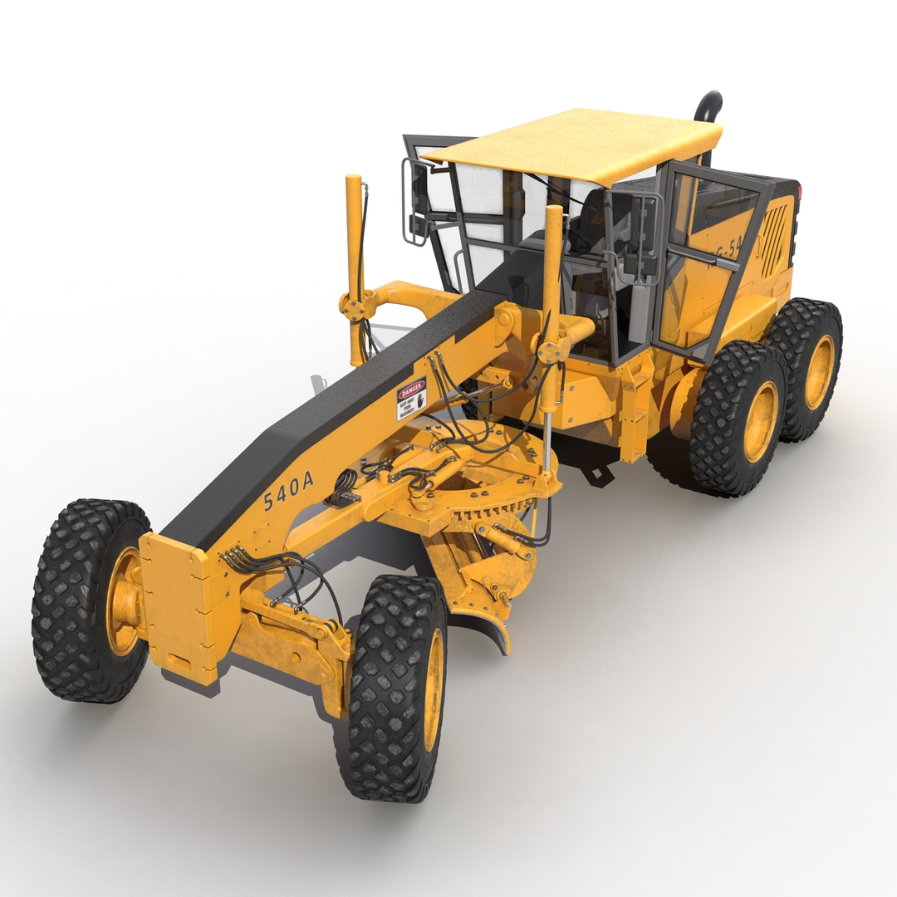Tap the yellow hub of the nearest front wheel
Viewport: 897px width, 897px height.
(433, 689)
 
